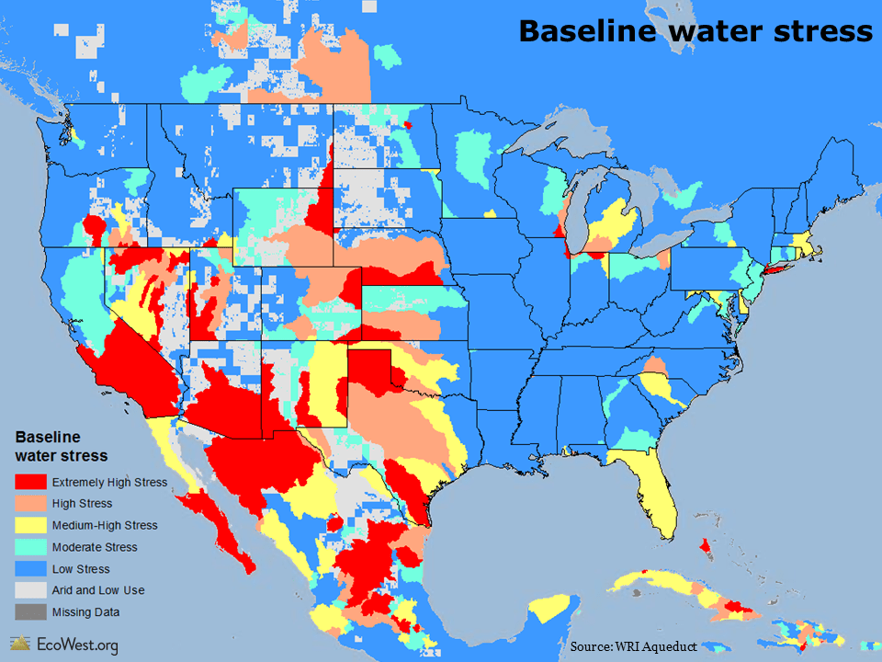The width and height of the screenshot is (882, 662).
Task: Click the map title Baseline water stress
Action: click(x=695, y=31)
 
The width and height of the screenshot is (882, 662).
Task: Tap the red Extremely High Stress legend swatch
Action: click(x=30, y=482)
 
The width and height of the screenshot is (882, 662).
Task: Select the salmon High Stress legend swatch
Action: click(x=30, y=504)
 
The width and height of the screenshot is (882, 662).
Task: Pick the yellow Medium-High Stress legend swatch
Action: click(x=30, y=525)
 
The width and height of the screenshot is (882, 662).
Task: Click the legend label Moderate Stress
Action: click(x=95, y=547)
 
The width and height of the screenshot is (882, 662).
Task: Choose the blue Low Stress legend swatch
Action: click(x=30, y=569)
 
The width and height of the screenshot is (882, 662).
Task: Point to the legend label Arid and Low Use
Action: click(x=98, y=590)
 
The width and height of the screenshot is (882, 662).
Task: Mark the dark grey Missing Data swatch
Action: click(x=30, y=611)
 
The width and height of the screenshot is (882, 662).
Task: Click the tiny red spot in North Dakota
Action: click(x=408, y=124)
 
